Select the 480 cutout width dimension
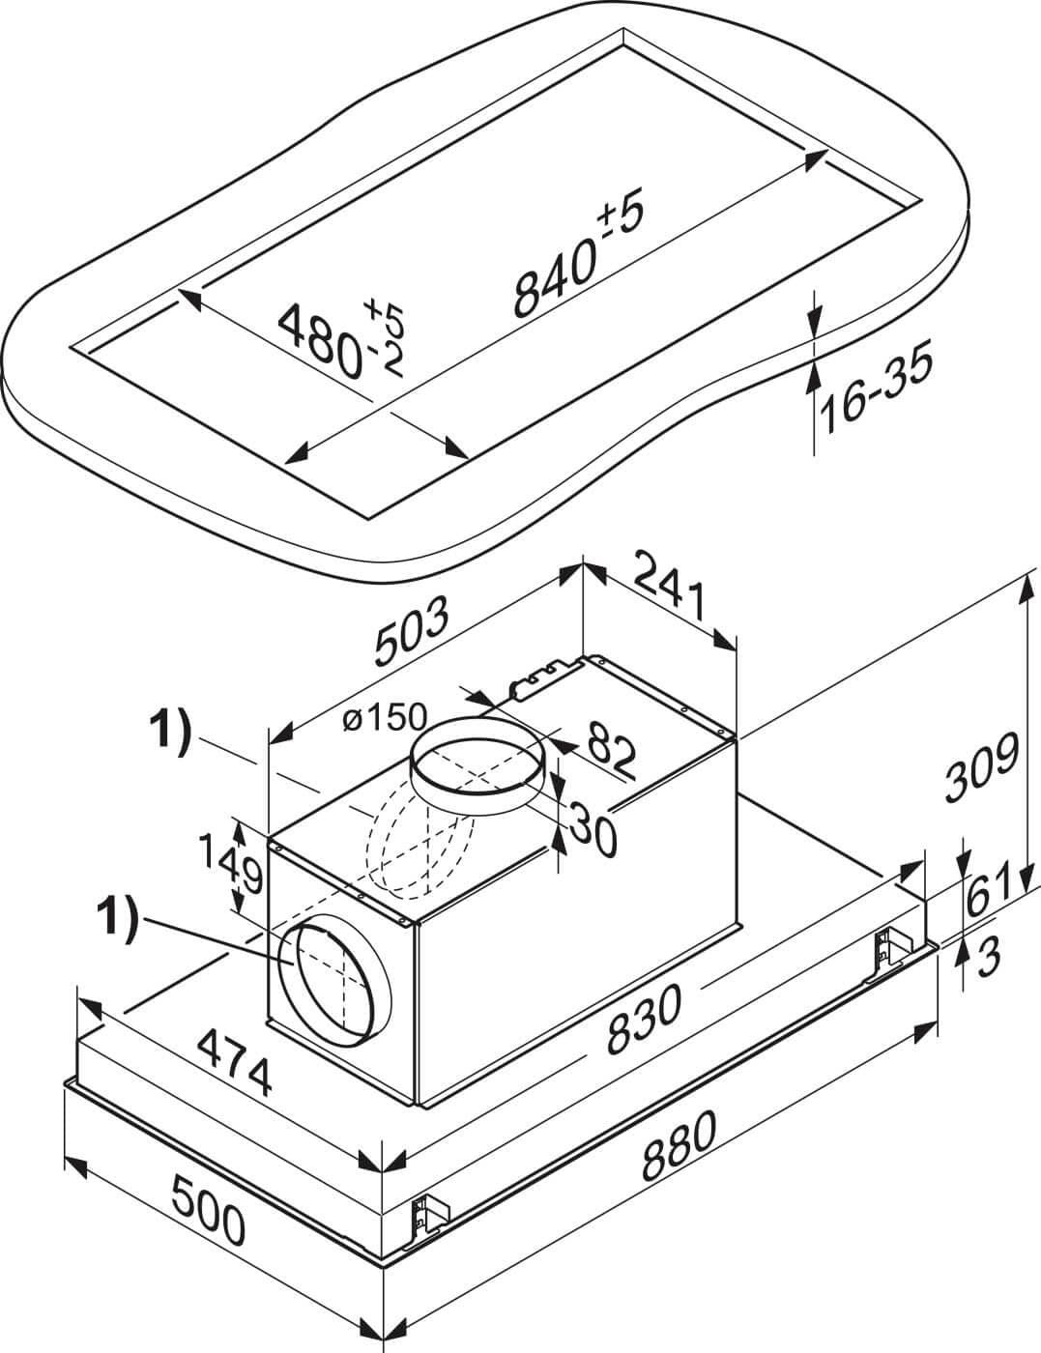point(340,340)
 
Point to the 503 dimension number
point(412,629)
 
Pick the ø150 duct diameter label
point(385,717)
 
